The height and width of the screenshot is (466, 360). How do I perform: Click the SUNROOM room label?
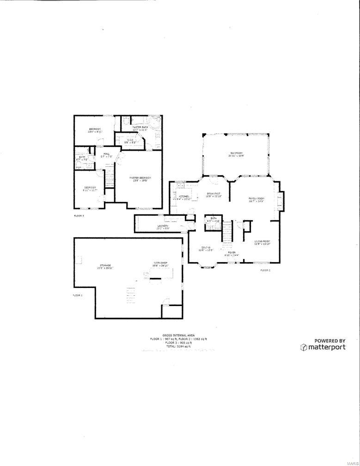(x=236, y=153)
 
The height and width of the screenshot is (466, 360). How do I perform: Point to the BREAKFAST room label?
(x=214, y=194)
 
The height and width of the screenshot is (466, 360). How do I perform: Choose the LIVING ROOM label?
(x=262, y=241)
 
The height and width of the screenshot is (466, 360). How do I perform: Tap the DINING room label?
(x=206, y=248)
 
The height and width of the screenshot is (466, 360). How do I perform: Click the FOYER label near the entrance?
(x=232, y=252)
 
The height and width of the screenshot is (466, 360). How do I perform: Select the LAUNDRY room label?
(x=162, y=226)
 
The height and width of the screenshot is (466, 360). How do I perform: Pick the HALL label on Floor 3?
(x=107, y=154)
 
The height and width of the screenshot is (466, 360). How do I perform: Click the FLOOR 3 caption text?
(x=79, y=215)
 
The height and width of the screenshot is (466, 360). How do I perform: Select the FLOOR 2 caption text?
(x=265, y=270)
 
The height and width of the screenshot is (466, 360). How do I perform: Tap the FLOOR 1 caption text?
(x=78, y=294)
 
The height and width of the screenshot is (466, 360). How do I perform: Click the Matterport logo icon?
(x=304, y=347)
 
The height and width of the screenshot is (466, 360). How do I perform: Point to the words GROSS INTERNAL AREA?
(x=178, y=335)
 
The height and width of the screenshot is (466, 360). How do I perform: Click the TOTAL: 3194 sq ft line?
(x=178, y=346)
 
